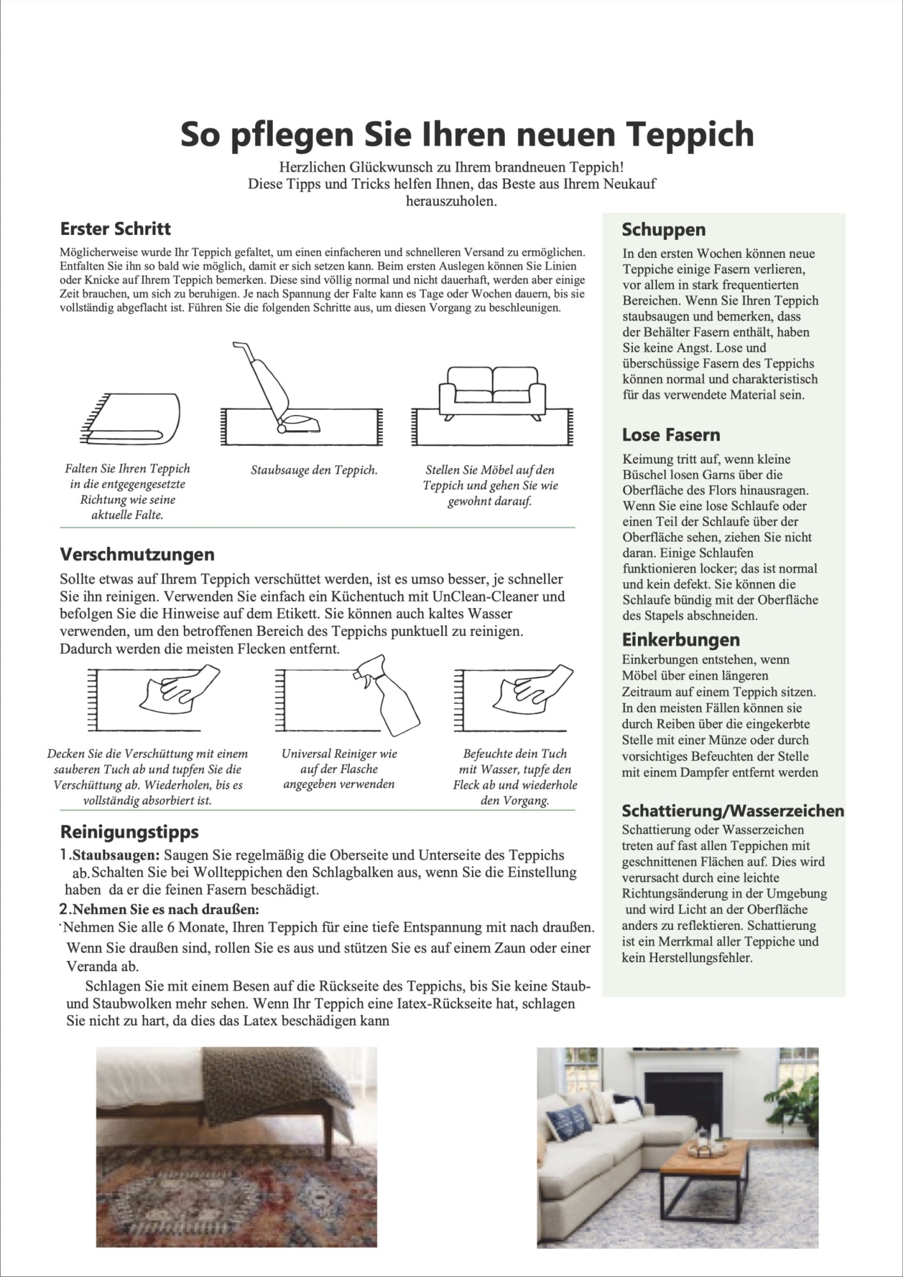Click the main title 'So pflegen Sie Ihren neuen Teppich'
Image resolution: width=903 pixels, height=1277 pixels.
tap(467, 134)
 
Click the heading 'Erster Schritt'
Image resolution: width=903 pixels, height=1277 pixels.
tap(116, 229)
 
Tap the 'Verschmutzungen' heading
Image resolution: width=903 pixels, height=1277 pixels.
tap(137, 554)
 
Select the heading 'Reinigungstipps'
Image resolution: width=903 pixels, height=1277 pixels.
tap(129, 831)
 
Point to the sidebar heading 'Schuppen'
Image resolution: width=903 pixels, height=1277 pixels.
tap(664, 229)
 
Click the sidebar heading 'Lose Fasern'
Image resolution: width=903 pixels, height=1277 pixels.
tap(671, 435)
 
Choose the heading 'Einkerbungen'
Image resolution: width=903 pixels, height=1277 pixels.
tap(681, 639)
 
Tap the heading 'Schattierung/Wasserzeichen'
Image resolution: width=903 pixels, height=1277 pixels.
tap(732, 811)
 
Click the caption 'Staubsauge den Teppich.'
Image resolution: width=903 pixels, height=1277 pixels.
tap(314, 471)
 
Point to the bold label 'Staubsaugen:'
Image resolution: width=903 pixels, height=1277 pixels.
tap(117, 855)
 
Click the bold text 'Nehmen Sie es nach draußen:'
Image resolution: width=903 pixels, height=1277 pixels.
tap(167, 909)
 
